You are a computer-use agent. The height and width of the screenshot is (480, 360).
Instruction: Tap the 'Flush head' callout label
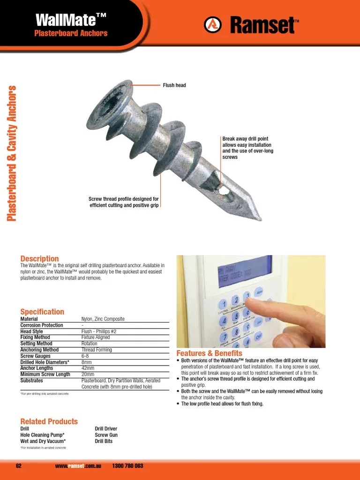click(x=174, y=85)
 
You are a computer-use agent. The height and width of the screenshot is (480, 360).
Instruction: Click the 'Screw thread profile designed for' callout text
click(x=124, y=199)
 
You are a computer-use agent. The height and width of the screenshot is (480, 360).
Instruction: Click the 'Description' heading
click(x=39, y=259)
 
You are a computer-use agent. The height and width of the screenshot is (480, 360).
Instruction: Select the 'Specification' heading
click(x=42, y=312)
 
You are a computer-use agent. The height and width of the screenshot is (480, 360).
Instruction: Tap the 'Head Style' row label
click(x=31, y=331)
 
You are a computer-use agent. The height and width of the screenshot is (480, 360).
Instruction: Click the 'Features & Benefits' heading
click(x=209, y=353)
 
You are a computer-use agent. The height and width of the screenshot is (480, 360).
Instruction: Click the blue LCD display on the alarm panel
click(x=244, y=270)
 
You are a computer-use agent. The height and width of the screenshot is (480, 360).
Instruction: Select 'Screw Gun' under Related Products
click(x=106, y=435)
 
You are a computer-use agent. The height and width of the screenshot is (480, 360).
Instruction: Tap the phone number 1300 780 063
click(x=128, y=466)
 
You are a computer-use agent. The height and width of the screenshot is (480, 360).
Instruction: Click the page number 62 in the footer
click(x=19, y=466)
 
